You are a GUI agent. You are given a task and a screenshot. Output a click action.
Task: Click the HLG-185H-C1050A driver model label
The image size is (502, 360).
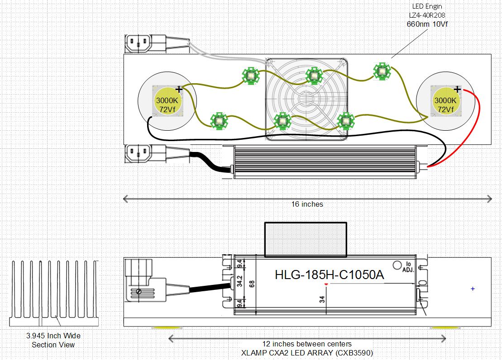coord(329,275)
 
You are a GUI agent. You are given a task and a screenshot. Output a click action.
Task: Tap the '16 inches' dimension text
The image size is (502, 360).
coord(307,204)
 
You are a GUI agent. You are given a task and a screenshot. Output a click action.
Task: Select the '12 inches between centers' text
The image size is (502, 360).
coord(307,344)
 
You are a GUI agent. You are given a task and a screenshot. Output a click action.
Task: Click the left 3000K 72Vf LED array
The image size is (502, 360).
coord(167,101)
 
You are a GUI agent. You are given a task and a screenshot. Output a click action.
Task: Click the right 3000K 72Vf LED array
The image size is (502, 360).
coord(445,101)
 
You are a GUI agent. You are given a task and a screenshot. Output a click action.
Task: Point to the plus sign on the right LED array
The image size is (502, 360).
coord(457,89)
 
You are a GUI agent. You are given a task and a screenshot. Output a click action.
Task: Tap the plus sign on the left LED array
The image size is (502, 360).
coord(179,89)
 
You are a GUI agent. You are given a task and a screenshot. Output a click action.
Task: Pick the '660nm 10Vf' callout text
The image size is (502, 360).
coord(427,24)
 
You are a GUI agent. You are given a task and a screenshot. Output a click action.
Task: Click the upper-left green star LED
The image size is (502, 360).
coord(251,76)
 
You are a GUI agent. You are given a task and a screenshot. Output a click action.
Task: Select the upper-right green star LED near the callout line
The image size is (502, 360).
coord(382,71)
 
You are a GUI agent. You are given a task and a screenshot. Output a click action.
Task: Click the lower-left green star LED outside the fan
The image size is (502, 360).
coord(219,121)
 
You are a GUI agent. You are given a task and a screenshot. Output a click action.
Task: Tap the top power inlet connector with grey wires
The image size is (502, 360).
coord(146,43)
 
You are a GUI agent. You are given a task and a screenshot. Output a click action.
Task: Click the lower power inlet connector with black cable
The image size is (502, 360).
coord(146,154)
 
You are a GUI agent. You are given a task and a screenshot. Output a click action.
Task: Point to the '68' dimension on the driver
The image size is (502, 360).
coord(252,284)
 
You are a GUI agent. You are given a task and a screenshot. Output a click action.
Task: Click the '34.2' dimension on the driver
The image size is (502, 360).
coord(239,281)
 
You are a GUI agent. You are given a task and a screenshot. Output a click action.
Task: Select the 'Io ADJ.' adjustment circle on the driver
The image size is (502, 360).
coord(397,265)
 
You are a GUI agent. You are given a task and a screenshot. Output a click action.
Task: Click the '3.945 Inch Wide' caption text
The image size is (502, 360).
coord(53,336)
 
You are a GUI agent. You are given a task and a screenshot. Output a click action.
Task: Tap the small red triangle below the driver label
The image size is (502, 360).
coord(326,284)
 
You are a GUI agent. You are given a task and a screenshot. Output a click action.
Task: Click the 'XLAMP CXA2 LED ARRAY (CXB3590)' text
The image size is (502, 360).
coord(307,353)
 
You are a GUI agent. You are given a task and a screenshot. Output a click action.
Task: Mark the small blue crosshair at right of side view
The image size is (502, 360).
coord(473,289)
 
